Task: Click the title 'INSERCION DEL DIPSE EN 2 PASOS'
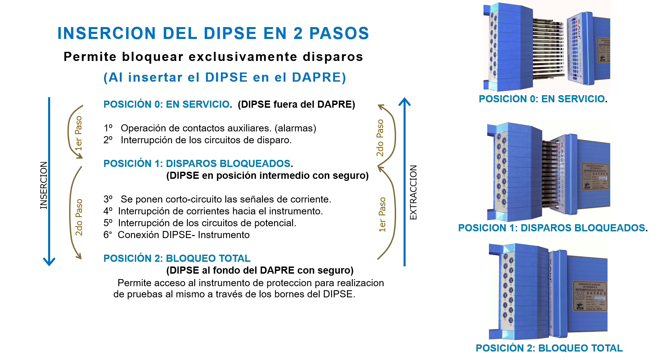point(213,33)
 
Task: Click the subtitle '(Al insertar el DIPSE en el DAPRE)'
point(225,78)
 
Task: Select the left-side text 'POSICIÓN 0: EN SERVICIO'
point(166,104)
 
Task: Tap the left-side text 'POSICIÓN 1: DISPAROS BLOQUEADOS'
point(197,164)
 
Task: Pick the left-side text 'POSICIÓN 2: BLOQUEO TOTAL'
point(177,258)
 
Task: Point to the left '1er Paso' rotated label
point(78,133)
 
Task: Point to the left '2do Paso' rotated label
point(79,217)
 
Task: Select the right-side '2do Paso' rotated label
point(380,137)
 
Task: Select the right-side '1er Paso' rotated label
point(382,214)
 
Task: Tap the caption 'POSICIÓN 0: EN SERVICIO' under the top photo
point(541,99)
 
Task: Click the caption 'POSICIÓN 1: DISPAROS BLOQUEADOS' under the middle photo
point(551,228)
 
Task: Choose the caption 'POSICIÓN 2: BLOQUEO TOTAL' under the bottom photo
point(549,348)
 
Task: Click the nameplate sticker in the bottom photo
point(590,295)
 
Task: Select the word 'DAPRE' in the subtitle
point(316,78)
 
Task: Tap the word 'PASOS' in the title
point(339,33)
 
